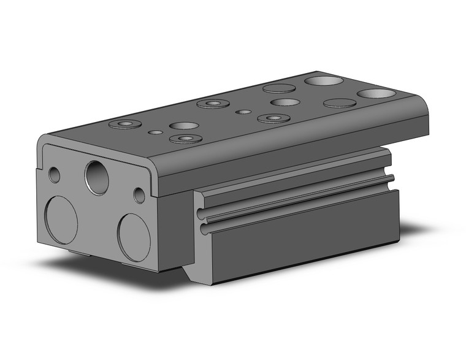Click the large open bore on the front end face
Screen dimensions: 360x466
coord(97,177)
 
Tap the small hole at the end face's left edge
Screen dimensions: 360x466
coord(55,175)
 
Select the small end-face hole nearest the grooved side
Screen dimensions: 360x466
coord(139,196)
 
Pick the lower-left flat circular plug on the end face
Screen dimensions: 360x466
coord(61,220)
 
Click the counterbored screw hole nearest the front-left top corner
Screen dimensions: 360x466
coord(124,124)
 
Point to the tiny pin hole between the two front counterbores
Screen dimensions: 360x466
coord(156,131)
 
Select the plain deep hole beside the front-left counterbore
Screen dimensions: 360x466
coord(183,126)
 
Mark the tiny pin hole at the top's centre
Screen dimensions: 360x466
coord(244,112)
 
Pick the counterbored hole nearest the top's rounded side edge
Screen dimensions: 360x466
coord(273,118)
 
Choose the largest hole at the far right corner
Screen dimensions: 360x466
coord(376,94)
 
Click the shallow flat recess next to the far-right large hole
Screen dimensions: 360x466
coord(340,102)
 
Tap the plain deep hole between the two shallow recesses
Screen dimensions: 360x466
coord(285,101)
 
